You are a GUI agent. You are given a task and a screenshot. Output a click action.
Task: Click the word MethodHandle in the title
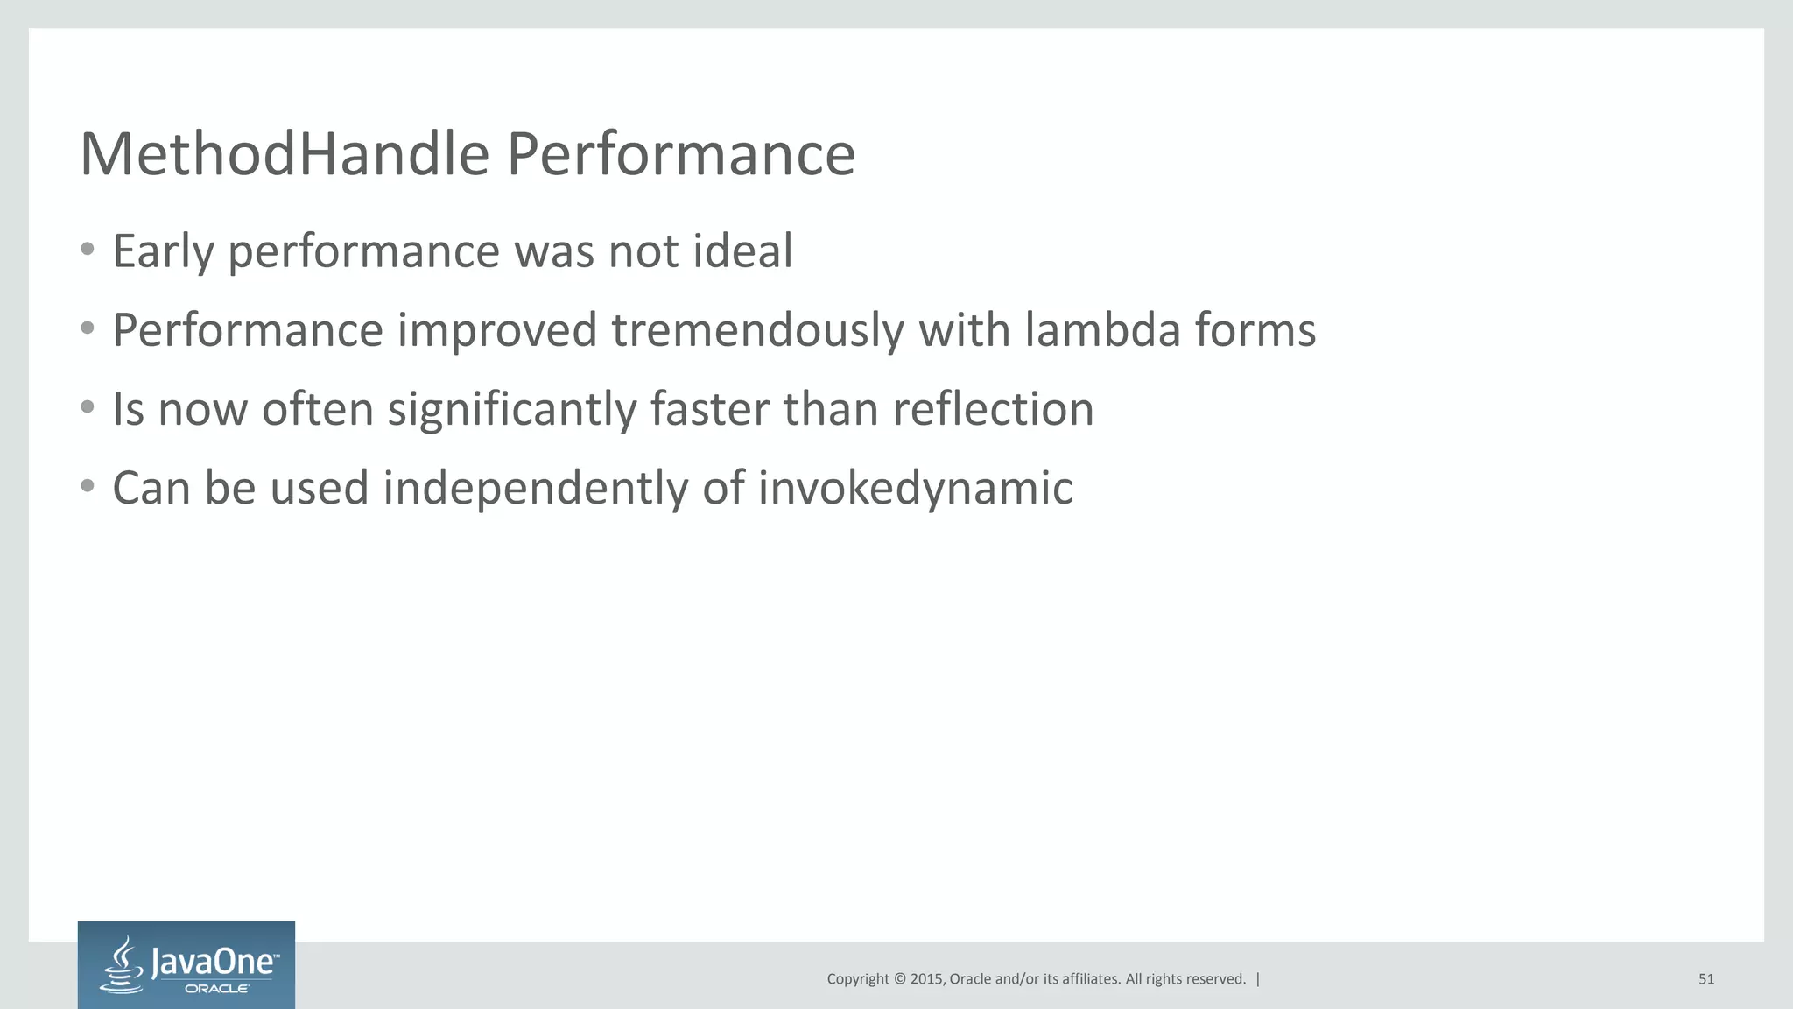(x=285, y=154)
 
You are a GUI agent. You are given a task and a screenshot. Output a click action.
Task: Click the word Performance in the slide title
(x=680, y=154)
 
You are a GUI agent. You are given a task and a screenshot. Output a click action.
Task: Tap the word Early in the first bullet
(x=164, y=251)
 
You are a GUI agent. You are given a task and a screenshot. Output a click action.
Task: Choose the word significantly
(x=512, y=410)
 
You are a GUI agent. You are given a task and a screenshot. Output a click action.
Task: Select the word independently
(x=535, y=489)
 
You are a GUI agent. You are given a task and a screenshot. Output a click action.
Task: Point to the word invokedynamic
(x=915, y=489)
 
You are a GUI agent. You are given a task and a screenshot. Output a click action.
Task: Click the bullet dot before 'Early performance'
(x=87, y=250)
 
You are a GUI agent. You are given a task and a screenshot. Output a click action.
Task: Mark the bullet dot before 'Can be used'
(x=87, y=486)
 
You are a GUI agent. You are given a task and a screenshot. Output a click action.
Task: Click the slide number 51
(x=1706, y=979)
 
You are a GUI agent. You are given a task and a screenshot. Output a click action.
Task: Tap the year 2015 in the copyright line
(x=926, y=979)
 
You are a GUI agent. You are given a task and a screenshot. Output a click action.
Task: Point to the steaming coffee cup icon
(x=123, y=966)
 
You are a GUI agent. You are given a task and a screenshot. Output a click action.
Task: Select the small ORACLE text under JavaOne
(x=216, y=989)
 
